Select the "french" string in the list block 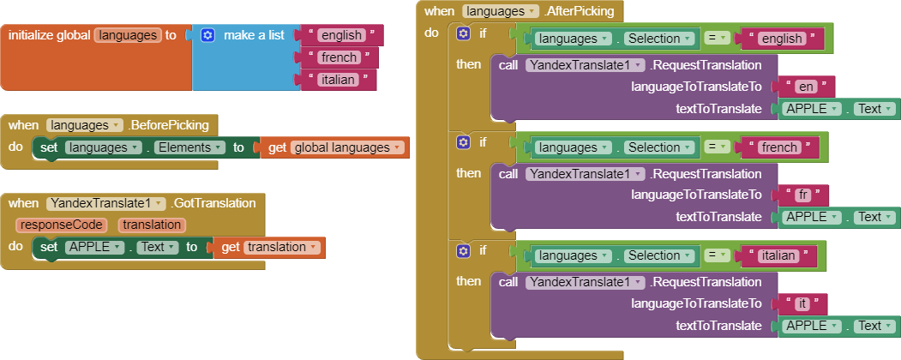pyautogui.click(x=338, y=57)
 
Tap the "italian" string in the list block pyautogui.click(x=338, y=80)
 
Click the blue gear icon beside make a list pyautogui.click(x=207, y=35)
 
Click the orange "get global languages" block pyautogui.click(x=335, y=147)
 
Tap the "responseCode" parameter pyautogui.click(x=61, y=225)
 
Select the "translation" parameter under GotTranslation pyautogui.click(x=152, y=225)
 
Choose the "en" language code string pyautogui.click(x=805, y=87)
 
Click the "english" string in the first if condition pyautogui.click(x=782, y=39)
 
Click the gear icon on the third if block pyautogui.click(x=464, y=250)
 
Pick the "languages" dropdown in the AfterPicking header pyautogui.click(x=500, y=11)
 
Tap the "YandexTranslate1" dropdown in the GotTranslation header pyautogui.click(x=106, y=203)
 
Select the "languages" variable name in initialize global pyautogui.click(x=128, y=35)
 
